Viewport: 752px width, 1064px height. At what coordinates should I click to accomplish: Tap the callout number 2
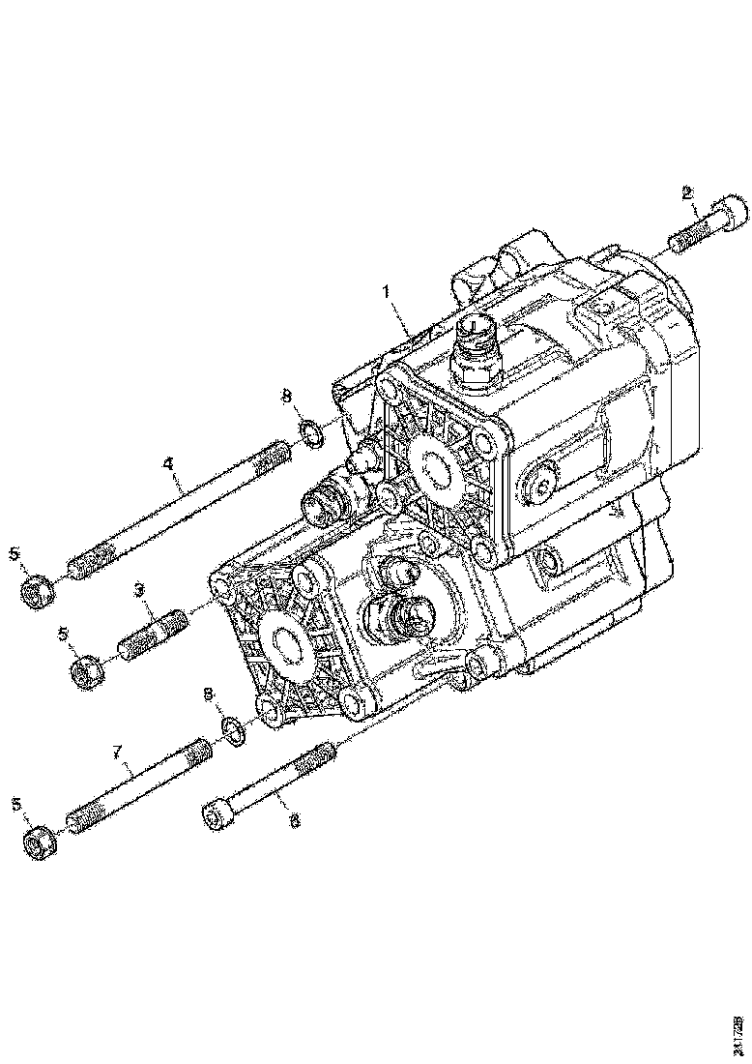(x=687, y=192)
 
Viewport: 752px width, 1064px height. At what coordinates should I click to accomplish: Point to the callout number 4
(x=168, y=465)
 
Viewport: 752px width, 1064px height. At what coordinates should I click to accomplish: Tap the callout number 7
(x=118, y=751)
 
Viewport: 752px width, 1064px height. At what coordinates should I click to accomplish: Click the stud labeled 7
(x=140, y=788)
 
